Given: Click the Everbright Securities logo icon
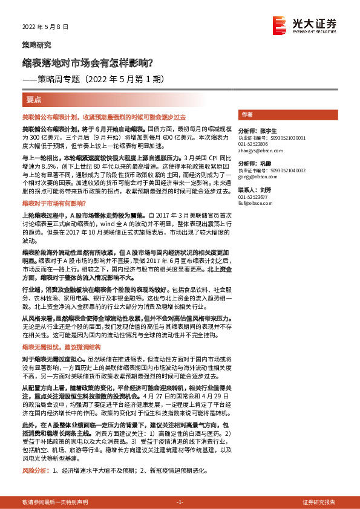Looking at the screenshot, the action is click(x=279, y=25).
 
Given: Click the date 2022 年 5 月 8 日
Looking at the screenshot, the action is click(x=46, y=27).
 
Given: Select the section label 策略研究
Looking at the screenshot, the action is click(x=37, y=45).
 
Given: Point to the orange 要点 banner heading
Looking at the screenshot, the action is click(x=34, y=99).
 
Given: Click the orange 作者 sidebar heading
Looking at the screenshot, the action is click(x=247, y=114).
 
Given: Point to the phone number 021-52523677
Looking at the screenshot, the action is click(x=254, y=197).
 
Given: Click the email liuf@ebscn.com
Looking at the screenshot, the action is click(x=252, y=203).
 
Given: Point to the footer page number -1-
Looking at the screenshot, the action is click(x=180, y=502).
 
